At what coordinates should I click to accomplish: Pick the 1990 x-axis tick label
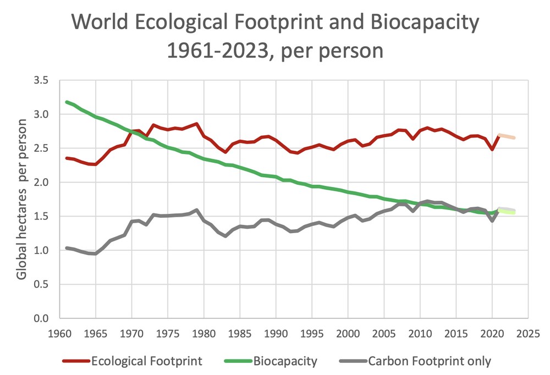276,333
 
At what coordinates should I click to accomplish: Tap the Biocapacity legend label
285,361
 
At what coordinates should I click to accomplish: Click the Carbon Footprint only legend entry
429,361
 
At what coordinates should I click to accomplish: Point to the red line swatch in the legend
76,361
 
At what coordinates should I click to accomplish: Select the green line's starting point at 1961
67,102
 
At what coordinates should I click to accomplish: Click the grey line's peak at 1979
196,210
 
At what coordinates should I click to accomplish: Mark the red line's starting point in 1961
67,158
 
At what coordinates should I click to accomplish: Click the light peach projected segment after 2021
507,136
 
